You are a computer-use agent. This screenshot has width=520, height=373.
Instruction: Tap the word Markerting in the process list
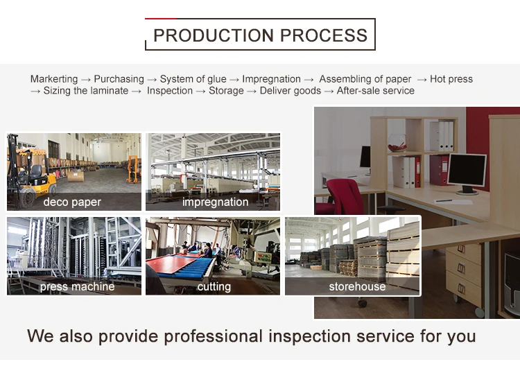coord(54,79)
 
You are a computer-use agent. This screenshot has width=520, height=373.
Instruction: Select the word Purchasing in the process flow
coord(119,79)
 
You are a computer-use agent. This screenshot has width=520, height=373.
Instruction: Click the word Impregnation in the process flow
coord(271,79)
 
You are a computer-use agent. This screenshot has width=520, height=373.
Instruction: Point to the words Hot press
coord(451,79)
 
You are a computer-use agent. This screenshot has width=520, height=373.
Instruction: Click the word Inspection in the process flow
coord(170,91)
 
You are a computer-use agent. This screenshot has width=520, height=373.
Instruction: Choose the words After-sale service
coord(375,91)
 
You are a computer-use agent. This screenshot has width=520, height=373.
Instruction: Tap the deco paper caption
coord(72,202)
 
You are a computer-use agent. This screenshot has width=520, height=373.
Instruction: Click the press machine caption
coord(77,286)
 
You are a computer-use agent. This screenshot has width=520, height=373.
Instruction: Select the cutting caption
coord(214,286)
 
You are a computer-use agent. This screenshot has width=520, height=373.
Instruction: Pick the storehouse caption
coord(357,286)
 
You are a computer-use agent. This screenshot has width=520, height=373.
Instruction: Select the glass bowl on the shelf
coord(398,143)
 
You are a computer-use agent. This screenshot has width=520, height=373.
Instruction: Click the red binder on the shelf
coord(438,170)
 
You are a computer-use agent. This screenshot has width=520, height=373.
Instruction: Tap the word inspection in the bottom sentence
coord(309,336)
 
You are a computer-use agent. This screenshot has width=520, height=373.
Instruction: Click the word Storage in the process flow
coord(226,91)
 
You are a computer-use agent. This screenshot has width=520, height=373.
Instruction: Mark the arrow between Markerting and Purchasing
coord(86,80)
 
